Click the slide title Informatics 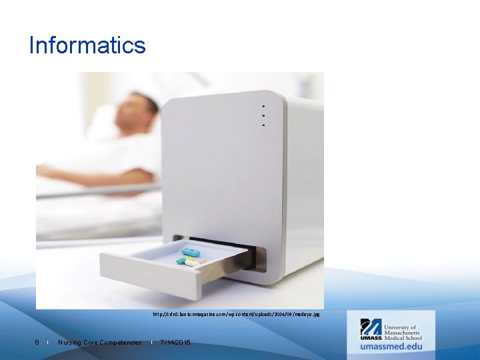pos(87,45)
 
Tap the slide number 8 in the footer pos(37,343)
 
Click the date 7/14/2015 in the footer pos(175,343)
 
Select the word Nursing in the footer pos(70,343)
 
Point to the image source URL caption pos(236,313)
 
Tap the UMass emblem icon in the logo pos(371,327)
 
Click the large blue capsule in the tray pos(192,251)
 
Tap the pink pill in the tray pos(200,261)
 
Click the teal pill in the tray pos(181,261)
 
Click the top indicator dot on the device pos(263,107)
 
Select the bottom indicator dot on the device pos(263,125)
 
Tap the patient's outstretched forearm pos(73,175)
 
